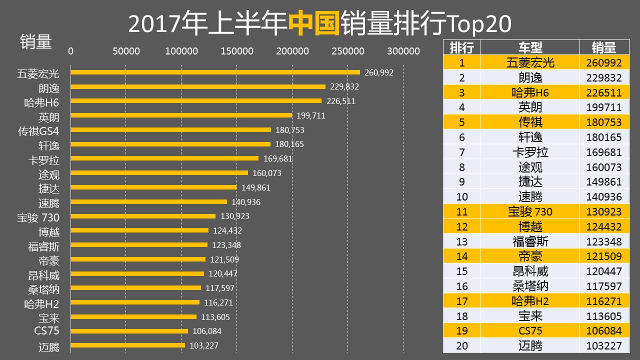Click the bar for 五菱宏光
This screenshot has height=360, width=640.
(x=215, y=72)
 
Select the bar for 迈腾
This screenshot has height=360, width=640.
(x=128, y=345)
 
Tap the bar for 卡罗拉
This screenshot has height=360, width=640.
(x=164, y=158)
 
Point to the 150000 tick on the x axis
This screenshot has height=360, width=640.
(x=237, y=51)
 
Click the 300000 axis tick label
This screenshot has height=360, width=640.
(x=403, y=51)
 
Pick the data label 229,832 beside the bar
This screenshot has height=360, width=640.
(x=344, y=86)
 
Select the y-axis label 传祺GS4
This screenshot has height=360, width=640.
(x=38, y=131)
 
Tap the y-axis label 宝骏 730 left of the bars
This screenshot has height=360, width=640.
(x=38, y=218)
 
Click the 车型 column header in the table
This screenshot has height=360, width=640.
(x=530, y=47)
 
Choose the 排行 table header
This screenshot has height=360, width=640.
(x=461, y=47)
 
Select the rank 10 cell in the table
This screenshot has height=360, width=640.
(x=461, y=196)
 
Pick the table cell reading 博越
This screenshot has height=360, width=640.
(x=530, y=226)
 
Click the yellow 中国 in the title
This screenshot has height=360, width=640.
(x=314, y=24)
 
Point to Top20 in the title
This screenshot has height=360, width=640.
(x=480, y=24)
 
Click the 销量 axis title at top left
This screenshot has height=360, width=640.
(x=35, y=41)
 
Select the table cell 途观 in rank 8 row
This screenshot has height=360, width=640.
(x=530, y=166)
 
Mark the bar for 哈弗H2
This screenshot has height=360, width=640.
(x=135, y=302)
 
